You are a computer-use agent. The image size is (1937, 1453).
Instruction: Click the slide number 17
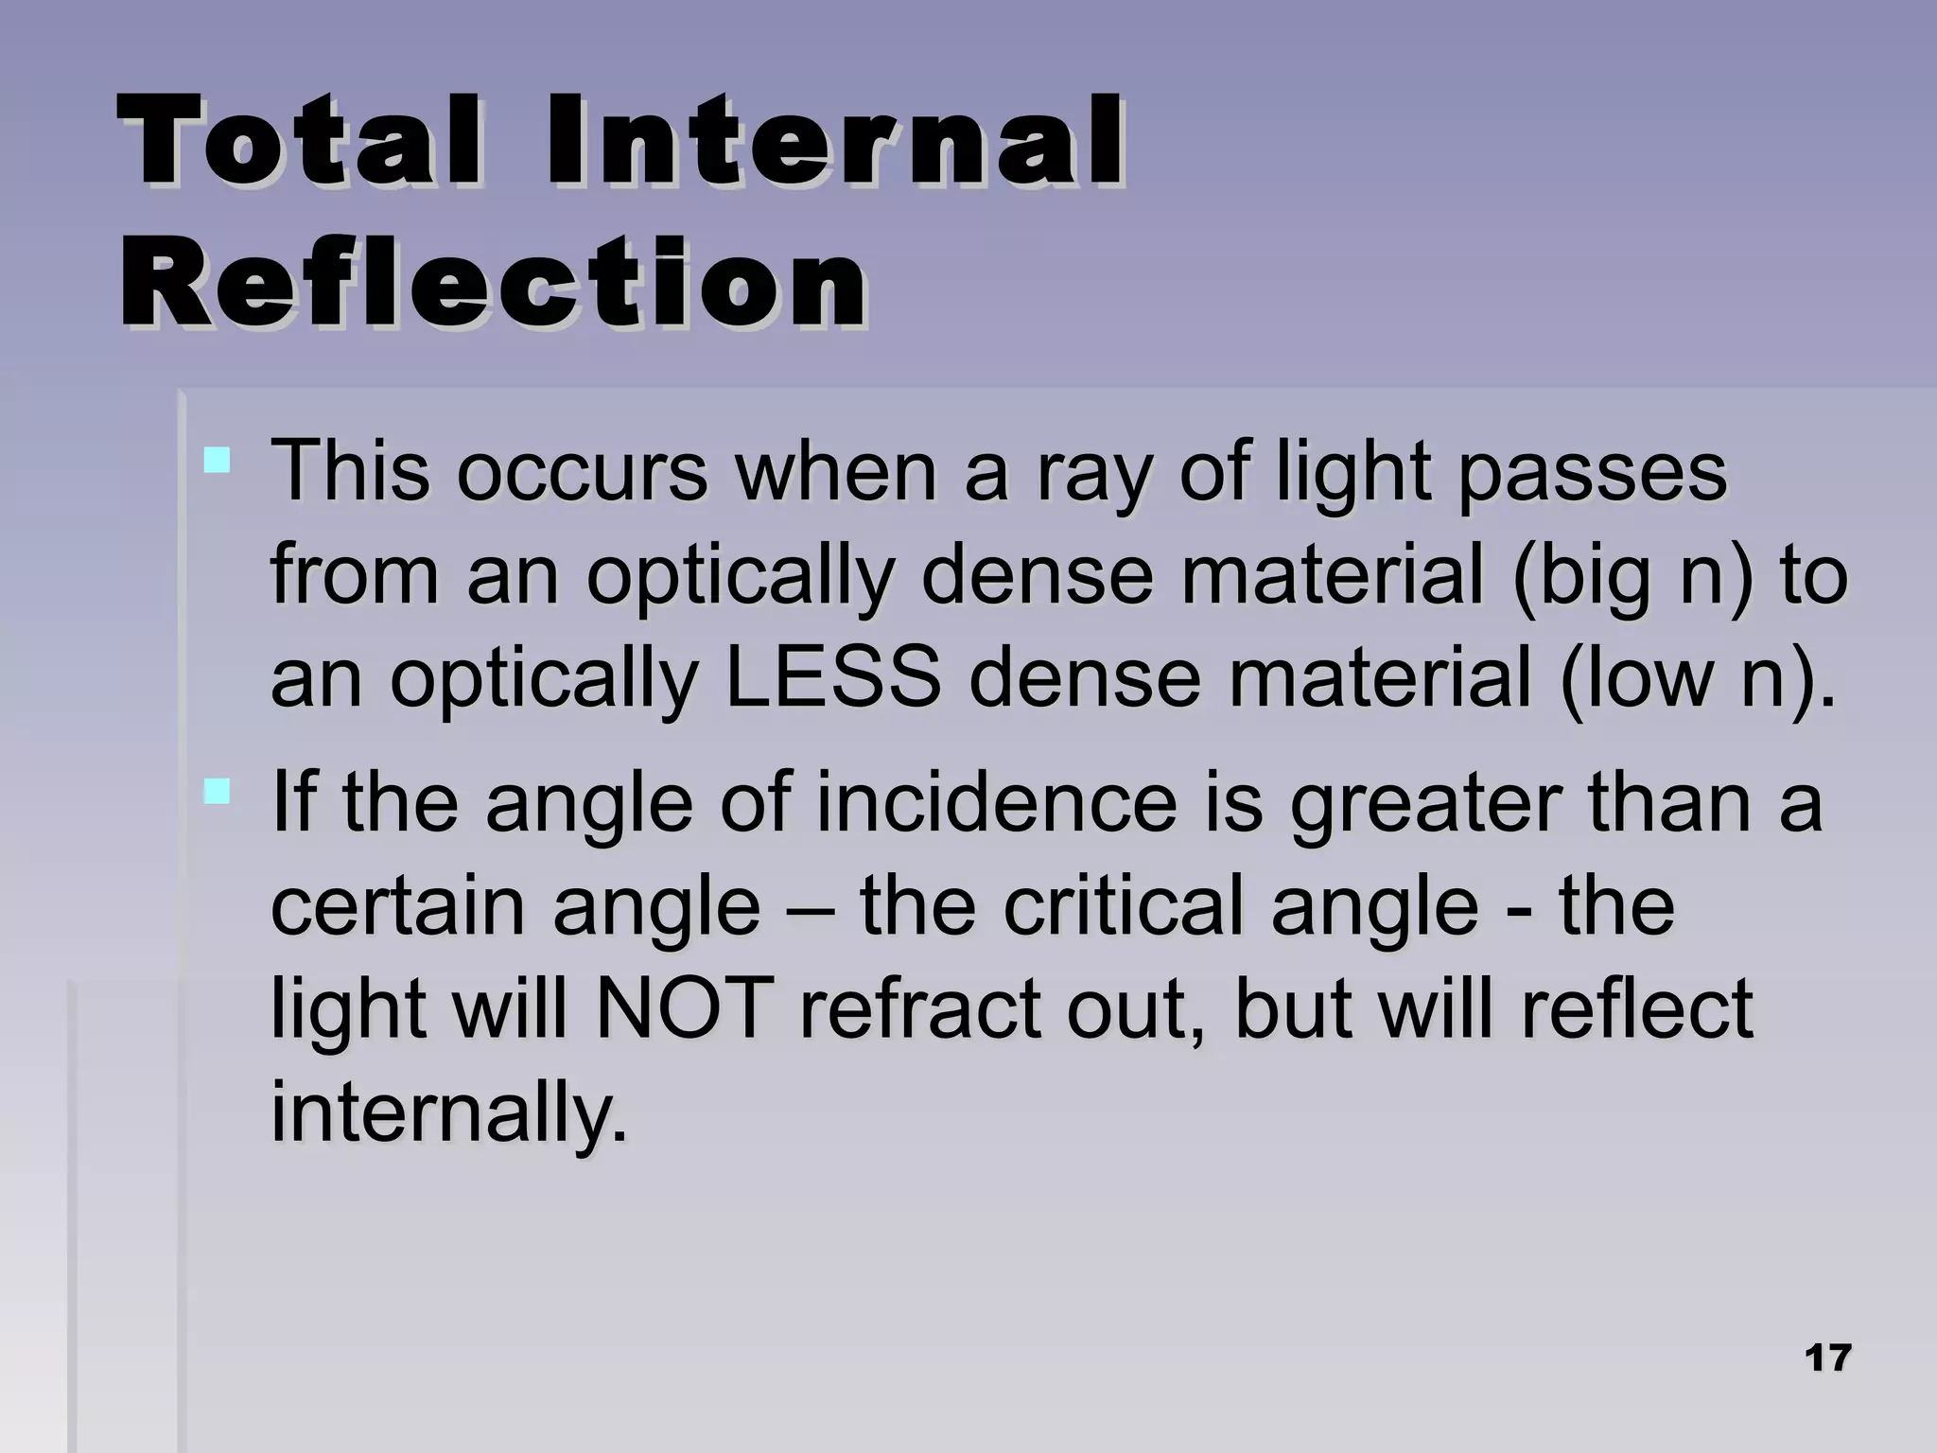click(x=1826, y=1358)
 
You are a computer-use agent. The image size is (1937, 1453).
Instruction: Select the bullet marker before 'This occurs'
click(x=218, y=461)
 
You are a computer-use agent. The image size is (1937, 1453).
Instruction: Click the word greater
click(x=1424, y=802)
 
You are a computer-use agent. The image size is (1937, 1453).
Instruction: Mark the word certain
click(x=398, y=905)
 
